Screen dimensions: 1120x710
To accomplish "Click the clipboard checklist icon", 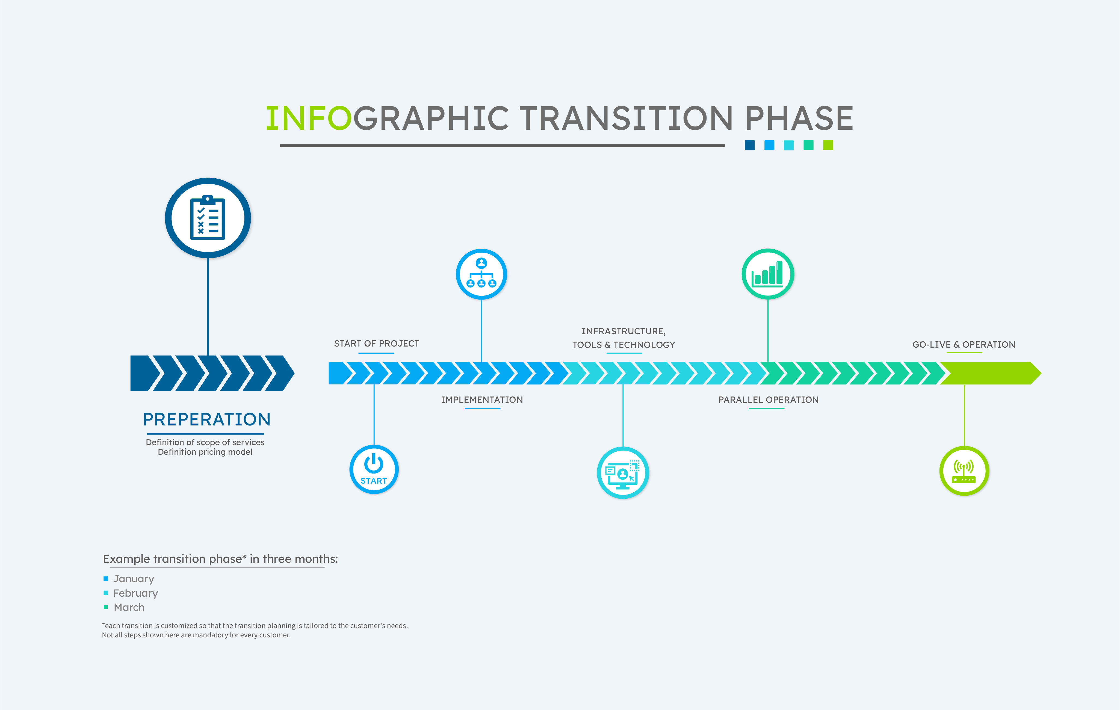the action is click(208, 218).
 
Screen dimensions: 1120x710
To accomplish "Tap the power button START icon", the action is click(374, 469).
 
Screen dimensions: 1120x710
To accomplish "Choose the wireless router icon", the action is click(964, 472).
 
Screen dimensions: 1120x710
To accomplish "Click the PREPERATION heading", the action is click(206, 419).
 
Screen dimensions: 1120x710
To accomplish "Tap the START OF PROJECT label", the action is click(376, 344).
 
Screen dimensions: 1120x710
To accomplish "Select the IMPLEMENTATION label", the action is click(482, 400).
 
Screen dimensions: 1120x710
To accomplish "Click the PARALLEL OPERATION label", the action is click(768, 400).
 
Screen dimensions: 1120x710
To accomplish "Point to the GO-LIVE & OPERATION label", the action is click(964, 345).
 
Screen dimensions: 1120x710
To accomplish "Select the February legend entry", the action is click(131, 593).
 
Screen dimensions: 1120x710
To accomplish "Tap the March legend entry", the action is click(124, 607).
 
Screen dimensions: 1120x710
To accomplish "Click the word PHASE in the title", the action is click(799, 118).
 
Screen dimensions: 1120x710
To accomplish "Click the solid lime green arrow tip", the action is click(1041, 373).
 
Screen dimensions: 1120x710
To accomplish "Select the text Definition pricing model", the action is click(205, 452).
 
